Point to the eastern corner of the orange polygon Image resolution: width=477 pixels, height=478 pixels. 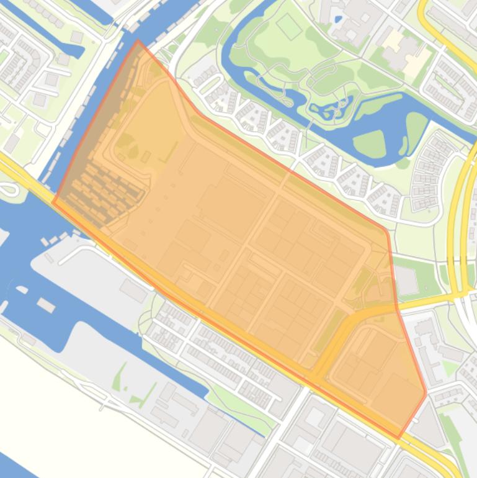(x=426, y=392)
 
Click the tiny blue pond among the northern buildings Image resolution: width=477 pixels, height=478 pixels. (x=337, y=19)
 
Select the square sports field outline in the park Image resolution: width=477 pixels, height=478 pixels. (x=288, y=26)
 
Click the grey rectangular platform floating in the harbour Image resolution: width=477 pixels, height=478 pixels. (x=46, y=305)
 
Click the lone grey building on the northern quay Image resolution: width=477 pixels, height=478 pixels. (x=133, y=289)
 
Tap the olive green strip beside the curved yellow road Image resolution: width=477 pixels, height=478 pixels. (x=329, y=329)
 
